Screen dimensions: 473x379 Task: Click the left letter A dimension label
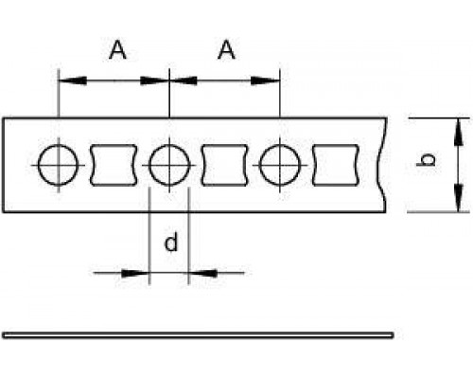coord(117,50)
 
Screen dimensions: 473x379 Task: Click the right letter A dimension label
coord(226,50)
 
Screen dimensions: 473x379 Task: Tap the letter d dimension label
coord(171,242)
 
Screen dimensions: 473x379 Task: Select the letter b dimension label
coord(426,159)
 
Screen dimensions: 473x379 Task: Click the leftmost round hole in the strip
coord(38,165)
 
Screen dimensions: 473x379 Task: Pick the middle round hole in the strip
coord(149,165)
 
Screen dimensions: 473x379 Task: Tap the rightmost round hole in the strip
coord(259,165)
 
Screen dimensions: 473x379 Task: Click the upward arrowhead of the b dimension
coord(458,131)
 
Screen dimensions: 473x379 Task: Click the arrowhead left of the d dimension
coord(135,273)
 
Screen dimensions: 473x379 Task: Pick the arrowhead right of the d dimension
coord(202,273)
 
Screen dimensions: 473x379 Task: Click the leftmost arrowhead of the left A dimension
coord(73,81)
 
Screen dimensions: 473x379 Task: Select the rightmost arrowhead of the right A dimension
coord(266,81)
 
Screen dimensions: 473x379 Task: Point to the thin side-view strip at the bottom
coord(198,335)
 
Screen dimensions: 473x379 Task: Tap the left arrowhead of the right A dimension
coord(184,81)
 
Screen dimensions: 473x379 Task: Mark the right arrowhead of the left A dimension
coord(154,81)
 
